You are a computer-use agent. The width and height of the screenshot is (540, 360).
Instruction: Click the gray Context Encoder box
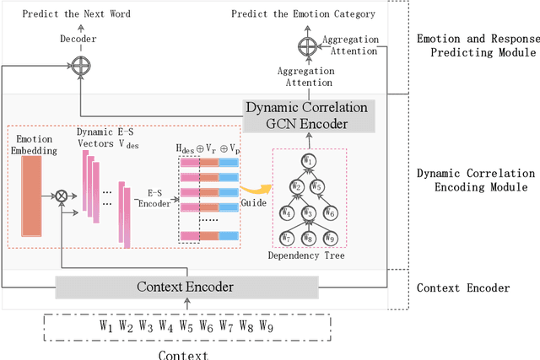tap(186, 287)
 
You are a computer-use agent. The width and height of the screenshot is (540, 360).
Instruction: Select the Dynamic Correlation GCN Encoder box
tap(307, 116)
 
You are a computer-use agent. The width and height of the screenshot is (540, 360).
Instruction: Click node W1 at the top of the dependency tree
tap(308, 160)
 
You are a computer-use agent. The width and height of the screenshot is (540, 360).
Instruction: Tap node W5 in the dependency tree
tap(318, 186)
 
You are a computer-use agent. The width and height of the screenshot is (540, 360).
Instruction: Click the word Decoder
tap(78, 38)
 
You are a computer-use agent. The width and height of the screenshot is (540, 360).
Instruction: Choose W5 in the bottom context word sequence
tap(186, 326)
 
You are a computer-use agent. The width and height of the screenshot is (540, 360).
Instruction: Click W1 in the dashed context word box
tap(105, 326)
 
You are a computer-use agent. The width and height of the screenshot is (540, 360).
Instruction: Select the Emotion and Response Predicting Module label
tap(478, 47)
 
